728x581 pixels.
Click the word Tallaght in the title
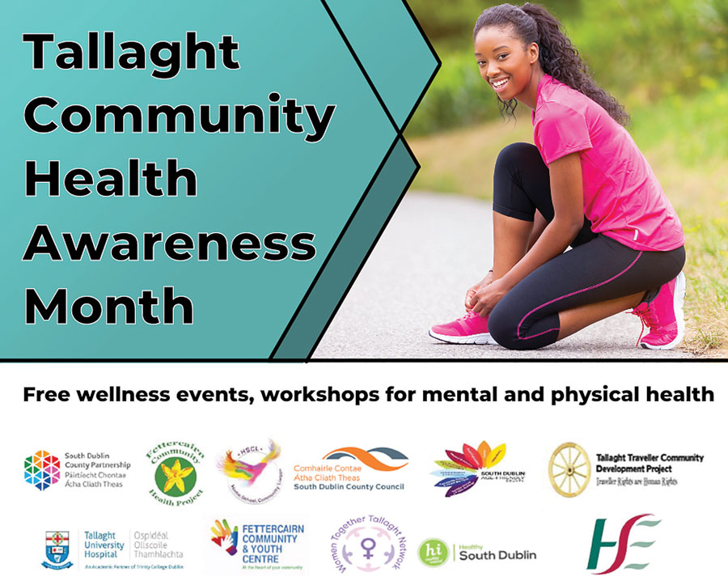(x=132, y=53)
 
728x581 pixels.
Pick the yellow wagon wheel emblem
(x=569, y=469)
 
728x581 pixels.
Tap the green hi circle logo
(x=432, y=553)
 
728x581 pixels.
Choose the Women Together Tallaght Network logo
(x=362, y=545)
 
